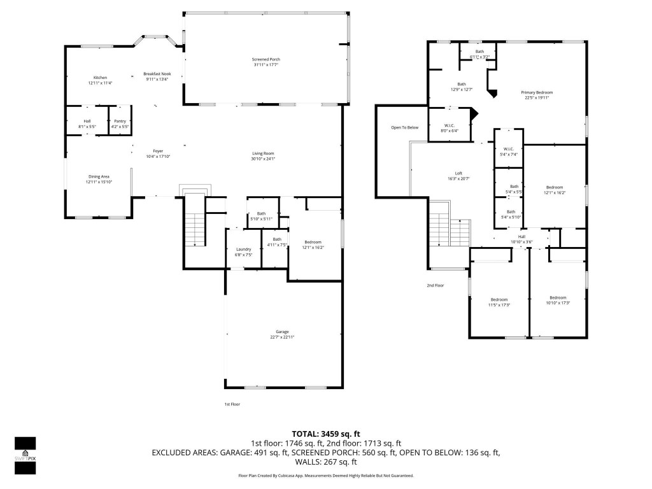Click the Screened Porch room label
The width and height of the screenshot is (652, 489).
[266, 59]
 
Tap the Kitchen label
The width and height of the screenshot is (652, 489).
[100, 78]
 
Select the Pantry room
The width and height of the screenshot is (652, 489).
[120, 121]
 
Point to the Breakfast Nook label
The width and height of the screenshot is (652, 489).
[157, 74]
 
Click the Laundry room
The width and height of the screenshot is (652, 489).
[244, 252]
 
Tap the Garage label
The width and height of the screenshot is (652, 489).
[282, 332]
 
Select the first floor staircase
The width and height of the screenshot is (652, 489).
[195, 229]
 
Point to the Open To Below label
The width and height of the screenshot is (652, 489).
[404, 128]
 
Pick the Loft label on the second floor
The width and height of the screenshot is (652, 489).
[458, 173]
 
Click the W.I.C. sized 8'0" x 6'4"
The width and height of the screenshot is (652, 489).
[450, 125]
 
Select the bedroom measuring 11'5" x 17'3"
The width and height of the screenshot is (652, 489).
[499, 300]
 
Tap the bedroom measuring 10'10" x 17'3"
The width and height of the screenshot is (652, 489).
[558, 298]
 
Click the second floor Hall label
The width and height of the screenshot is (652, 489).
[521, 237]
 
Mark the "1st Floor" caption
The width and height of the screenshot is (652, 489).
[232, 404]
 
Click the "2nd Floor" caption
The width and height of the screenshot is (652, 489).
[435, 285]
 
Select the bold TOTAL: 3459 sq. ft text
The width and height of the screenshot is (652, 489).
[325, 434]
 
